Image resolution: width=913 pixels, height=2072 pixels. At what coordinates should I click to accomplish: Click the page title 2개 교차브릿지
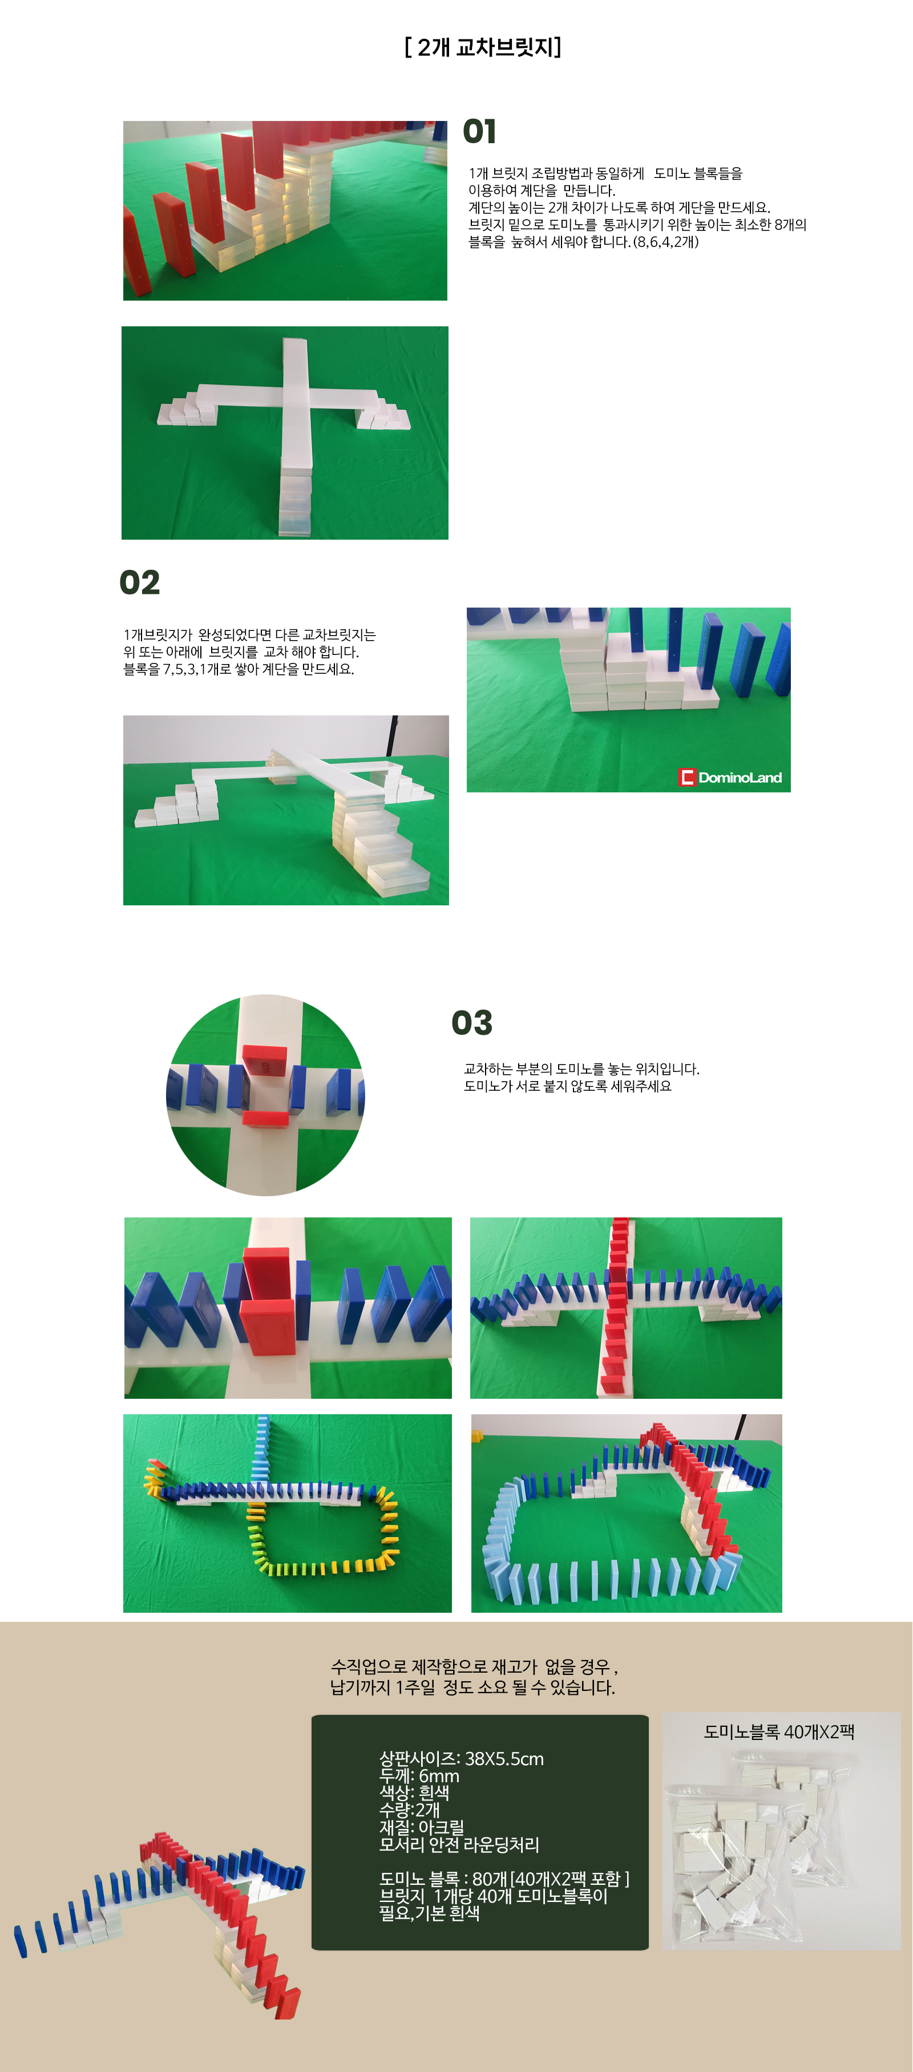point(483,47)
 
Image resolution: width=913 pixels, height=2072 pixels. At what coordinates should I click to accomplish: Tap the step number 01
point(479,131)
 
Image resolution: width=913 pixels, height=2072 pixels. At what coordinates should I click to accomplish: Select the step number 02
point(140,582)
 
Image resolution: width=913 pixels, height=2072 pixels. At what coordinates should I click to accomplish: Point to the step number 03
point(471,1023)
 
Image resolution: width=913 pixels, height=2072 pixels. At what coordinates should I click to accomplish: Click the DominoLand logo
point(730,777)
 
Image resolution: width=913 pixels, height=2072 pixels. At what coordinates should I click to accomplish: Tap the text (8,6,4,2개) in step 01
point(665,241)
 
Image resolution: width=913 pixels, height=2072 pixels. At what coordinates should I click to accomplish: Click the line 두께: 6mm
point(419,1776)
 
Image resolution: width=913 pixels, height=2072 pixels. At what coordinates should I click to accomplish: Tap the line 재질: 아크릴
point(422,1827)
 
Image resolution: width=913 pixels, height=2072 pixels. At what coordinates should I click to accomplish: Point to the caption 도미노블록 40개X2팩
point(779,1732)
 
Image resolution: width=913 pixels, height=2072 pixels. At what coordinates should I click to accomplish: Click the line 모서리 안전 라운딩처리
point(459,1844)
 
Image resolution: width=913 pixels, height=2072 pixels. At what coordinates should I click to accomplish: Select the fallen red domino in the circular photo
point(265,1117)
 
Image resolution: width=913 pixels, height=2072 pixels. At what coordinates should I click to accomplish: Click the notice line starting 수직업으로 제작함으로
point(475,1666)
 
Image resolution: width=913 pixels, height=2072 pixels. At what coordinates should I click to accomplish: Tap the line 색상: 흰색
point(414,1793)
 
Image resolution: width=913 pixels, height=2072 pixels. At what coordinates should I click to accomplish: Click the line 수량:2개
point(410,1810)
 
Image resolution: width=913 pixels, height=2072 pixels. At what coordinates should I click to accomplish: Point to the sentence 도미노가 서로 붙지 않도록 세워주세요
point(567,1086)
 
